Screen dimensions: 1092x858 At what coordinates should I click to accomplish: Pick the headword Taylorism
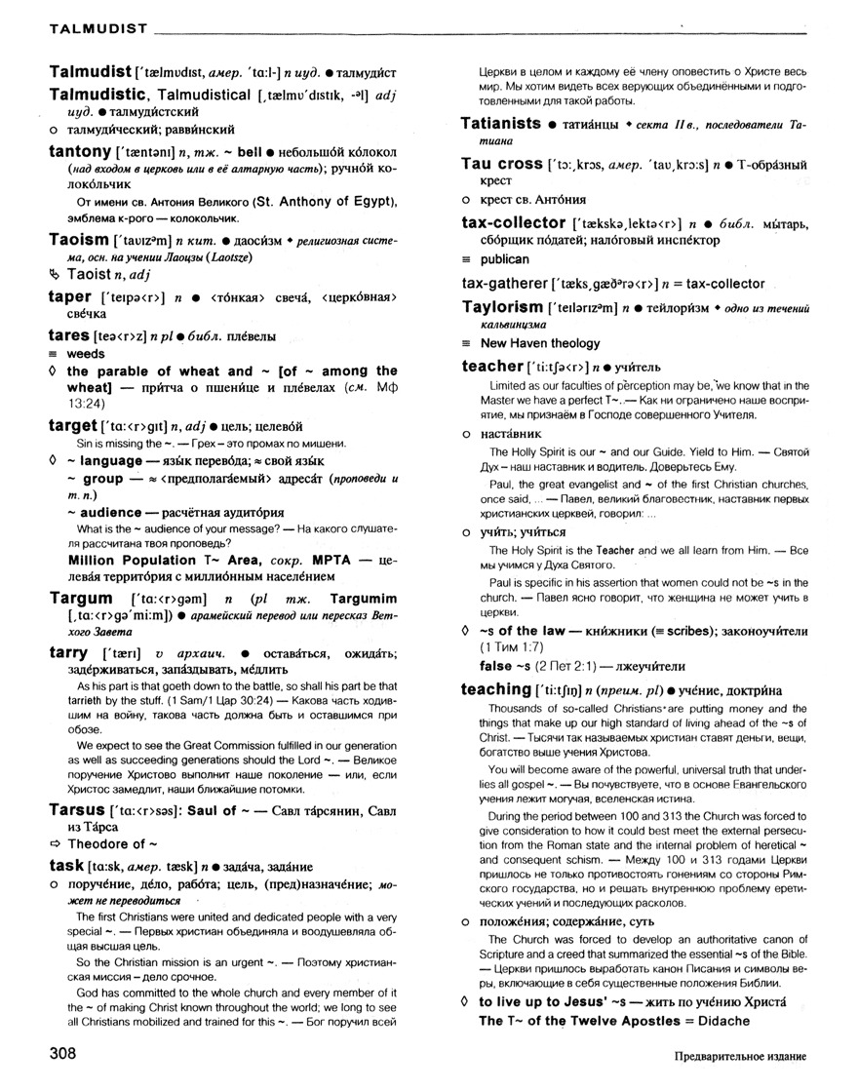click(501, 308)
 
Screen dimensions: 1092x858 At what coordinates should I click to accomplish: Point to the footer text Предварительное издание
click(740, 1058)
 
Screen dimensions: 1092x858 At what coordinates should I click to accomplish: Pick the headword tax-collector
click(513, 223)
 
